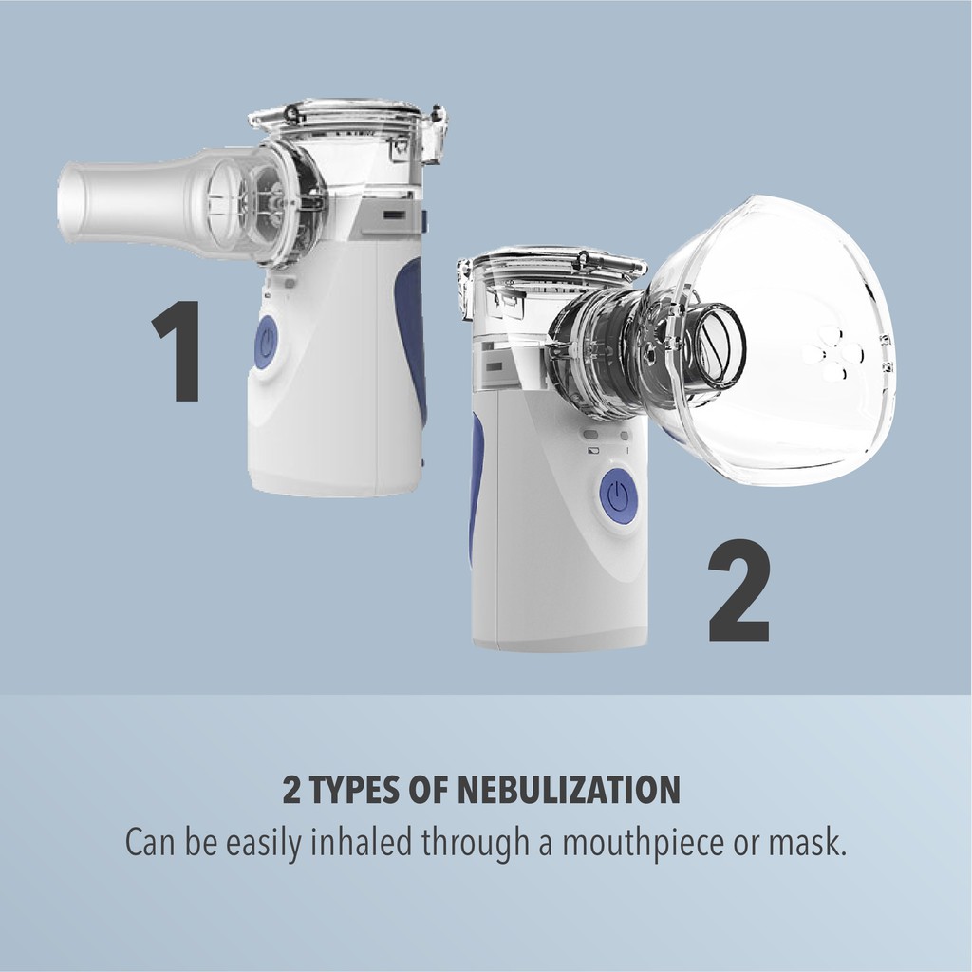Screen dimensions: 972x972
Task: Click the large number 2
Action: coord(739,590)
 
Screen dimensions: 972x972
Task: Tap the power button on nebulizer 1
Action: coord(266,343)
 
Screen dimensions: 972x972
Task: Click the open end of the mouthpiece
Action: coord(68,201)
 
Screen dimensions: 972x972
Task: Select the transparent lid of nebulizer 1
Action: coord(337,119)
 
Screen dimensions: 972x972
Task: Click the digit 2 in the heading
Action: coord(291,790)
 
